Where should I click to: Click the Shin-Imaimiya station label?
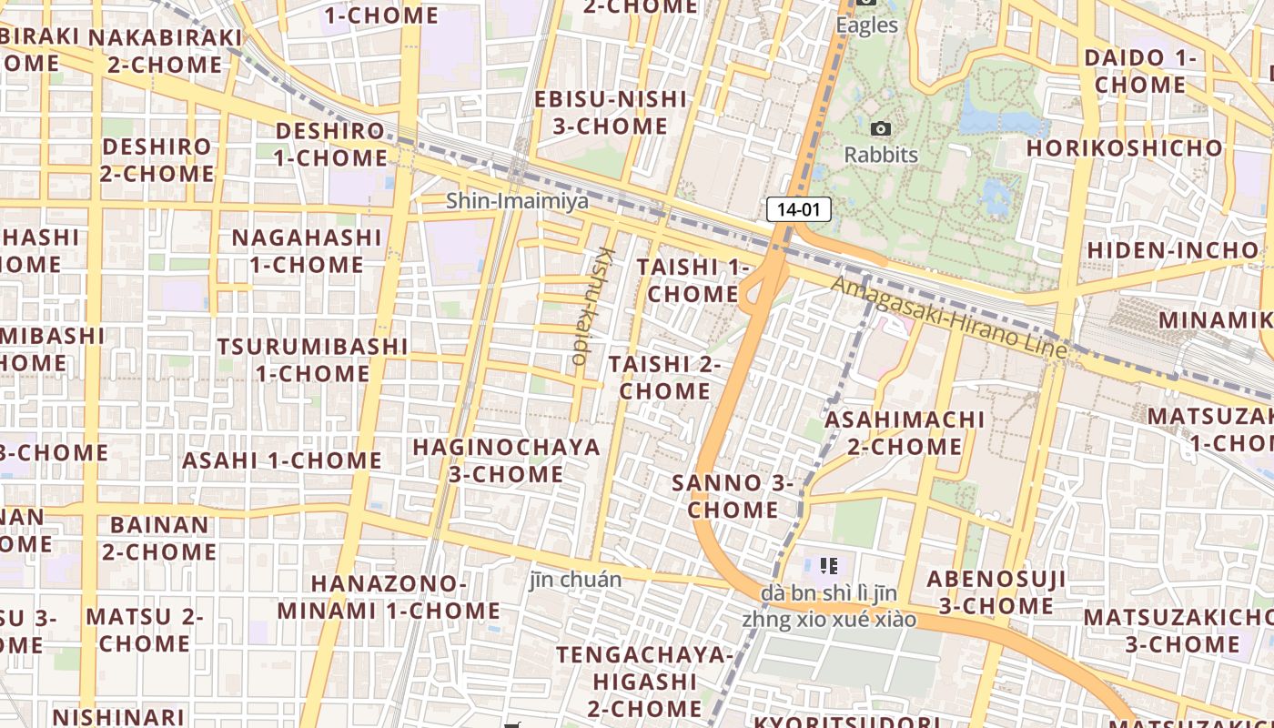(517, 200)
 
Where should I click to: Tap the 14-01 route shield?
(799, 209)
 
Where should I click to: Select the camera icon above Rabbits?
(880, 129)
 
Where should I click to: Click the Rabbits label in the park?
(881, 155)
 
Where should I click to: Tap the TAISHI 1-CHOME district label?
(693, 280)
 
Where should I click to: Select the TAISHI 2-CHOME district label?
(664, 378)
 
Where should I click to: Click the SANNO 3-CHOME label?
(733, 496)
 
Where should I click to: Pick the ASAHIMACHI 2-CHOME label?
(905, 433)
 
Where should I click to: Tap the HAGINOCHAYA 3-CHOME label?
(506, 460)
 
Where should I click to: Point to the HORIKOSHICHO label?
(1125, 147)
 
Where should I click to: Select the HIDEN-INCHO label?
(1173, 249)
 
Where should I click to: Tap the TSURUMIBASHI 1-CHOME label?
(312, 359)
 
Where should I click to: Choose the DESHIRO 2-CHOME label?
(157, 159)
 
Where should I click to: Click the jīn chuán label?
(576, 580)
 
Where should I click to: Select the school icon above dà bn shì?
(828, 566)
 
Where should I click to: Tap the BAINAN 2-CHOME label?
(159, 538)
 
